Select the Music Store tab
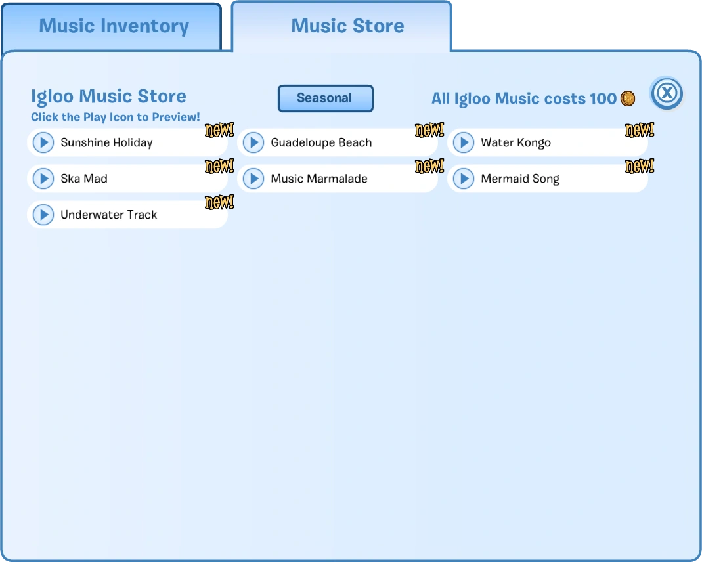pyautogui.click(x=341, y=26)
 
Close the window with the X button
pyautogui.click(x=667, y=93)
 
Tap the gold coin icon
pyautogui.click(x=628, y=98)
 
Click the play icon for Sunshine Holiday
pyautogui.click(x=43, y=142)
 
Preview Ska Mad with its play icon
pyautogui.click(x=43, y=179)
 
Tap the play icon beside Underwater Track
pyautogui.click(x=43, y=215)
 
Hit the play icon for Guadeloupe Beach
pyautogui.click(x=253, y=142)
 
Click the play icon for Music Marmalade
pyautogui.click(x=253, y=179)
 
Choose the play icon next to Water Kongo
pyautogui.click(x=464, y=142)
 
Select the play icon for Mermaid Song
pyautogui.click(x=464, y=179)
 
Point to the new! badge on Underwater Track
pyautogui.click(x=219, y=202)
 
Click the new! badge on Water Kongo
pyautogui.click(x=640, y=130)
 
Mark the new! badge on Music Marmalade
pyautogui.click(x=429, y=166)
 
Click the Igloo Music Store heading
pyautogui.click(x=108, y=97)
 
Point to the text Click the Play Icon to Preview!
pyautogui.click(x=116, y=118)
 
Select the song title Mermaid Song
pyautogui.click(x=520, y=179)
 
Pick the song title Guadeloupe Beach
pyautogui.click(x=322, y=142)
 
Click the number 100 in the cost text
pyautogui.click(x=603, y=98)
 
